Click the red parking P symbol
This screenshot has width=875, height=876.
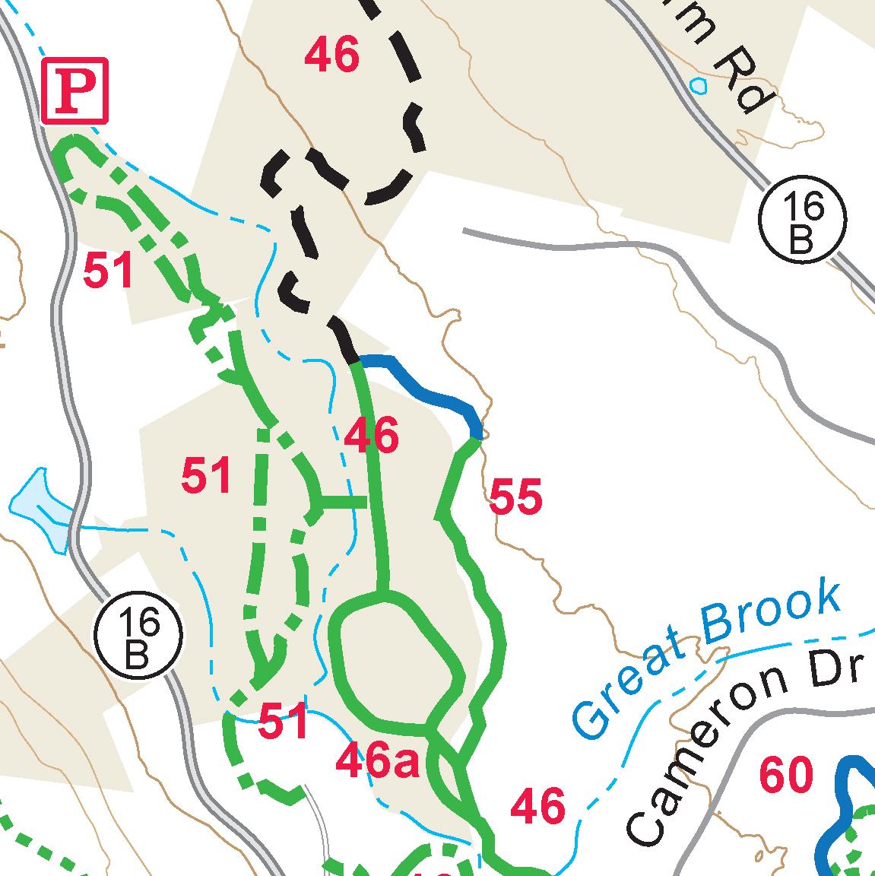coord(75,90)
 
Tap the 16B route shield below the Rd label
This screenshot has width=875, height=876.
coord(802,221)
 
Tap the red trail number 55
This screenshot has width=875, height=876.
coord(516,497)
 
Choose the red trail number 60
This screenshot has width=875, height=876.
coord(786,776)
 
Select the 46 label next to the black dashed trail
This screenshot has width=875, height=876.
coord(331,56)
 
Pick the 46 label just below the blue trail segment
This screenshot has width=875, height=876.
coord(371,436)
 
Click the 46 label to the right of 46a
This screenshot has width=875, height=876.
coord(538,806)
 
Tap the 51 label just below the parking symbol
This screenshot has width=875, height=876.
coord(108,271)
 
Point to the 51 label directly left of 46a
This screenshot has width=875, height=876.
coord(283,722)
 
